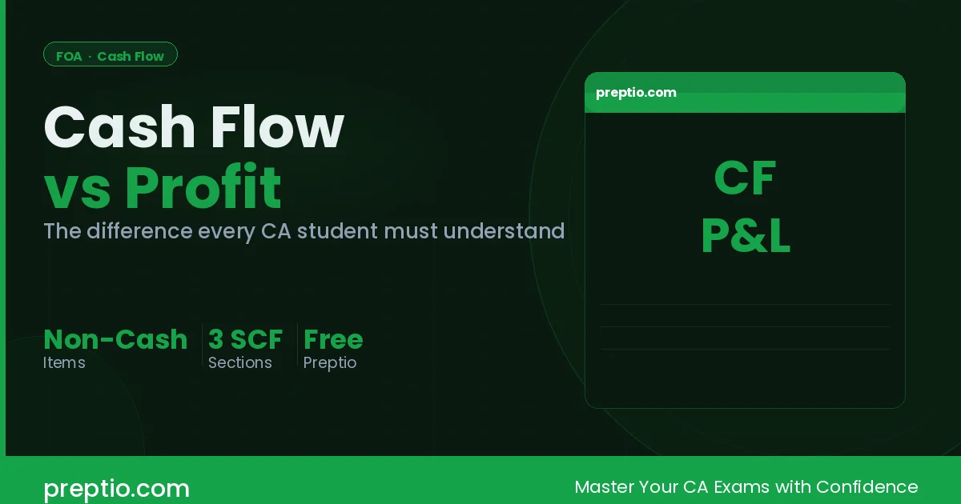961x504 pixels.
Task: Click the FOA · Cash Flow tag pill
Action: coord(110,55)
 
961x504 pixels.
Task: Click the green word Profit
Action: coord(203,188)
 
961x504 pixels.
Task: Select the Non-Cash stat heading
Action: coord(115,339)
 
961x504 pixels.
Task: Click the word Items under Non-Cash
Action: coord(64,362)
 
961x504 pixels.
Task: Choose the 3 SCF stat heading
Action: coord(245,339)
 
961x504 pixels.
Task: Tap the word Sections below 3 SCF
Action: coord(240,362)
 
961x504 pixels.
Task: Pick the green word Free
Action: coord(333,339)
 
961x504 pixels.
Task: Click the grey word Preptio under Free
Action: coord(329,362)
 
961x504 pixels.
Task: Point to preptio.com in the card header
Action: coord(636,93)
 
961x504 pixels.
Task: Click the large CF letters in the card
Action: coord(745,179)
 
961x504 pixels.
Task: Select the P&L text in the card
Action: coord(745,238)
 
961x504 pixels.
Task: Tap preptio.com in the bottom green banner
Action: coord(116,488)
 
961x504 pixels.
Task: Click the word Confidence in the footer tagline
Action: coord(868,486)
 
